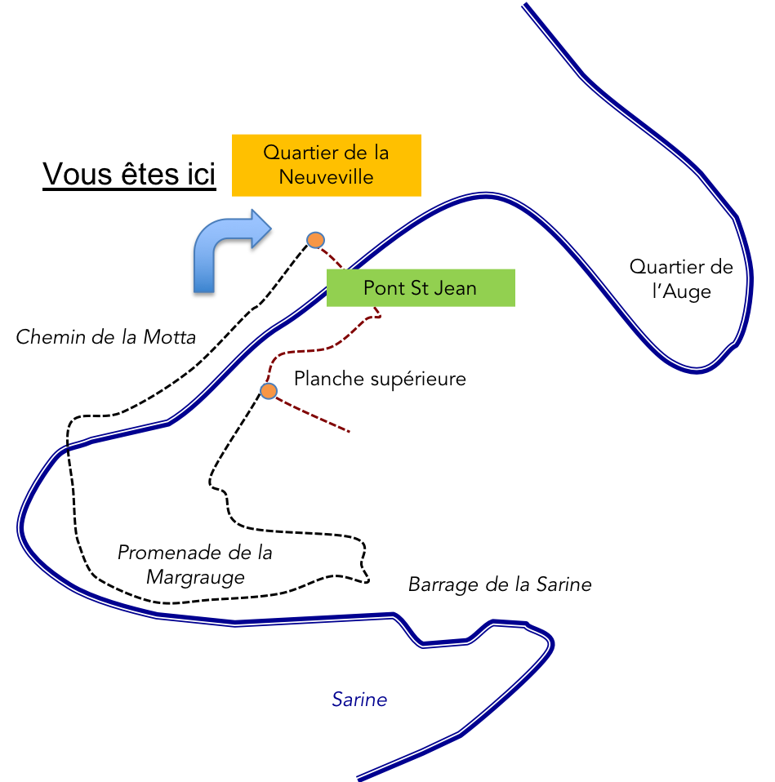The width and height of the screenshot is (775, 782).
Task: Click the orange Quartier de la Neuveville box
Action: tap(327, 165)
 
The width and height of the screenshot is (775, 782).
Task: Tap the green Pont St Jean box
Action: tap(421, 288)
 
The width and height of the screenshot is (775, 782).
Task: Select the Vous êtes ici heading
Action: tap(129, 174)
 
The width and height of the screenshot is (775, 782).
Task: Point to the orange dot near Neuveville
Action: tap(315, 240)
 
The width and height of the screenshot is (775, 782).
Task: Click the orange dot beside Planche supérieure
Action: tap(269, 391)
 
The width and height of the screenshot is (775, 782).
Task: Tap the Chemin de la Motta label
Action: tap(106, 337)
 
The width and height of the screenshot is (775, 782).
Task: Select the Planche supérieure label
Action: tap(380, 379)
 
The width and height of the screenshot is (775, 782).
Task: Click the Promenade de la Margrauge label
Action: tap(195, 565)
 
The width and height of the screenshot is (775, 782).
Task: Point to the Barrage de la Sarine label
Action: tap(500, 584)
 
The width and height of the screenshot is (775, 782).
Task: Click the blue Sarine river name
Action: tap(360, 700)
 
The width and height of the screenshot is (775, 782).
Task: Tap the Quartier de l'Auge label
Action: tap(681, 279)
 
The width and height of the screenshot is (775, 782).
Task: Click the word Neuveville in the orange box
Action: tap(327, 177)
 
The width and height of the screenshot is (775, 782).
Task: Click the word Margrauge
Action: tap(195, 577)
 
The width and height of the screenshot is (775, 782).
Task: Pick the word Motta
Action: tap(170, 337)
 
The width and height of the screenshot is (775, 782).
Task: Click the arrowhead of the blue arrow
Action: tap(261, 229)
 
